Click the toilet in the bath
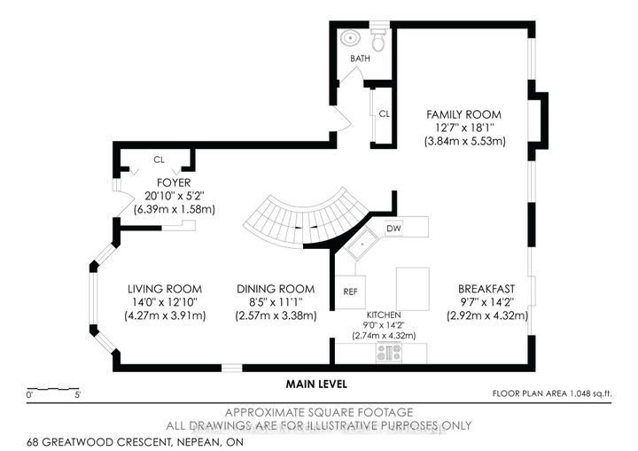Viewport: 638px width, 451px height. pyautogui.click(x=378, y=40)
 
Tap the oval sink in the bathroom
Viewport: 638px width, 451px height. pyautogui.click(x=350, y=39)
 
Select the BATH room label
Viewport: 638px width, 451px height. pyautogui.click(x=360, y=58)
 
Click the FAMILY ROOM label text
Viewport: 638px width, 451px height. pyautogui.click(x=463, y=114)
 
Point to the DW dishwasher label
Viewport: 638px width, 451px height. pyautogui.click(x=393, y=229)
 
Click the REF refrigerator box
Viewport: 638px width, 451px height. pyautogui.click(x=350, y=292)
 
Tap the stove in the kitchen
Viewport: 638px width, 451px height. pyautogui.click(x=389, y=353)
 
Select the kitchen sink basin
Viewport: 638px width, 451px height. pyautogui.click(x=362, y=245)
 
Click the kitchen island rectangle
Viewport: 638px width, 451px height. pyautogui.click(x=413, y=289)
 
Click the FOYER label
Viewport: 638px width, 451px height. pyautogui.click(x=174, y=183)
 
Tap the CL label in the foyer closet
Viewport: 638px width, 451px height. pyautogui.click(x=159, y=159)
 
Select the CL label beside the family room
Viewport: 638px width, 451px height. pyautogui.click(x=384, y=114)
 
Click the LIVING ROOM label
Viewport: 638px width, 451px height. pyautogui.click(x=165, y=289)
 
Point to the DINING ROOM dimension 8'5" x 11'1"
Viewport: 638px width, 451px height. pyautogui.click(x=276, y=302)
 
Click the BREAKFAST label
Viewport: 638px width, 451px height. pyautogui.click(x=486, y=289)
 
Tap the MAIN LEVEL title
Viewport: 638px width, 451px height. pyautogui.click(x=316, y=384)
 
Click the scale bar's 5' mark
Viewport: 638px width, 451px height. pyautogui.click(x=77, y=395)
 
